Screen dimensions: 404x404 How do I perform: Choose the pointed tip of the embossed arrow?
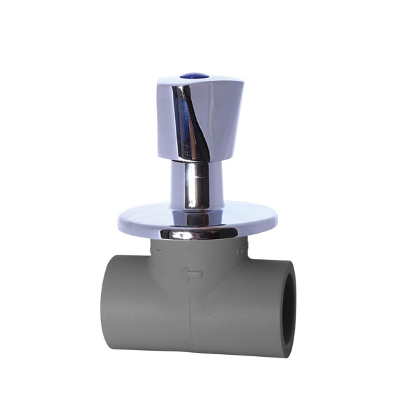[x=180, y=273]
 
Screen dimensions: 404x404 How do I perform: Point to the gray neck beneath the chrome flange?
[x=195, y=252]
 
